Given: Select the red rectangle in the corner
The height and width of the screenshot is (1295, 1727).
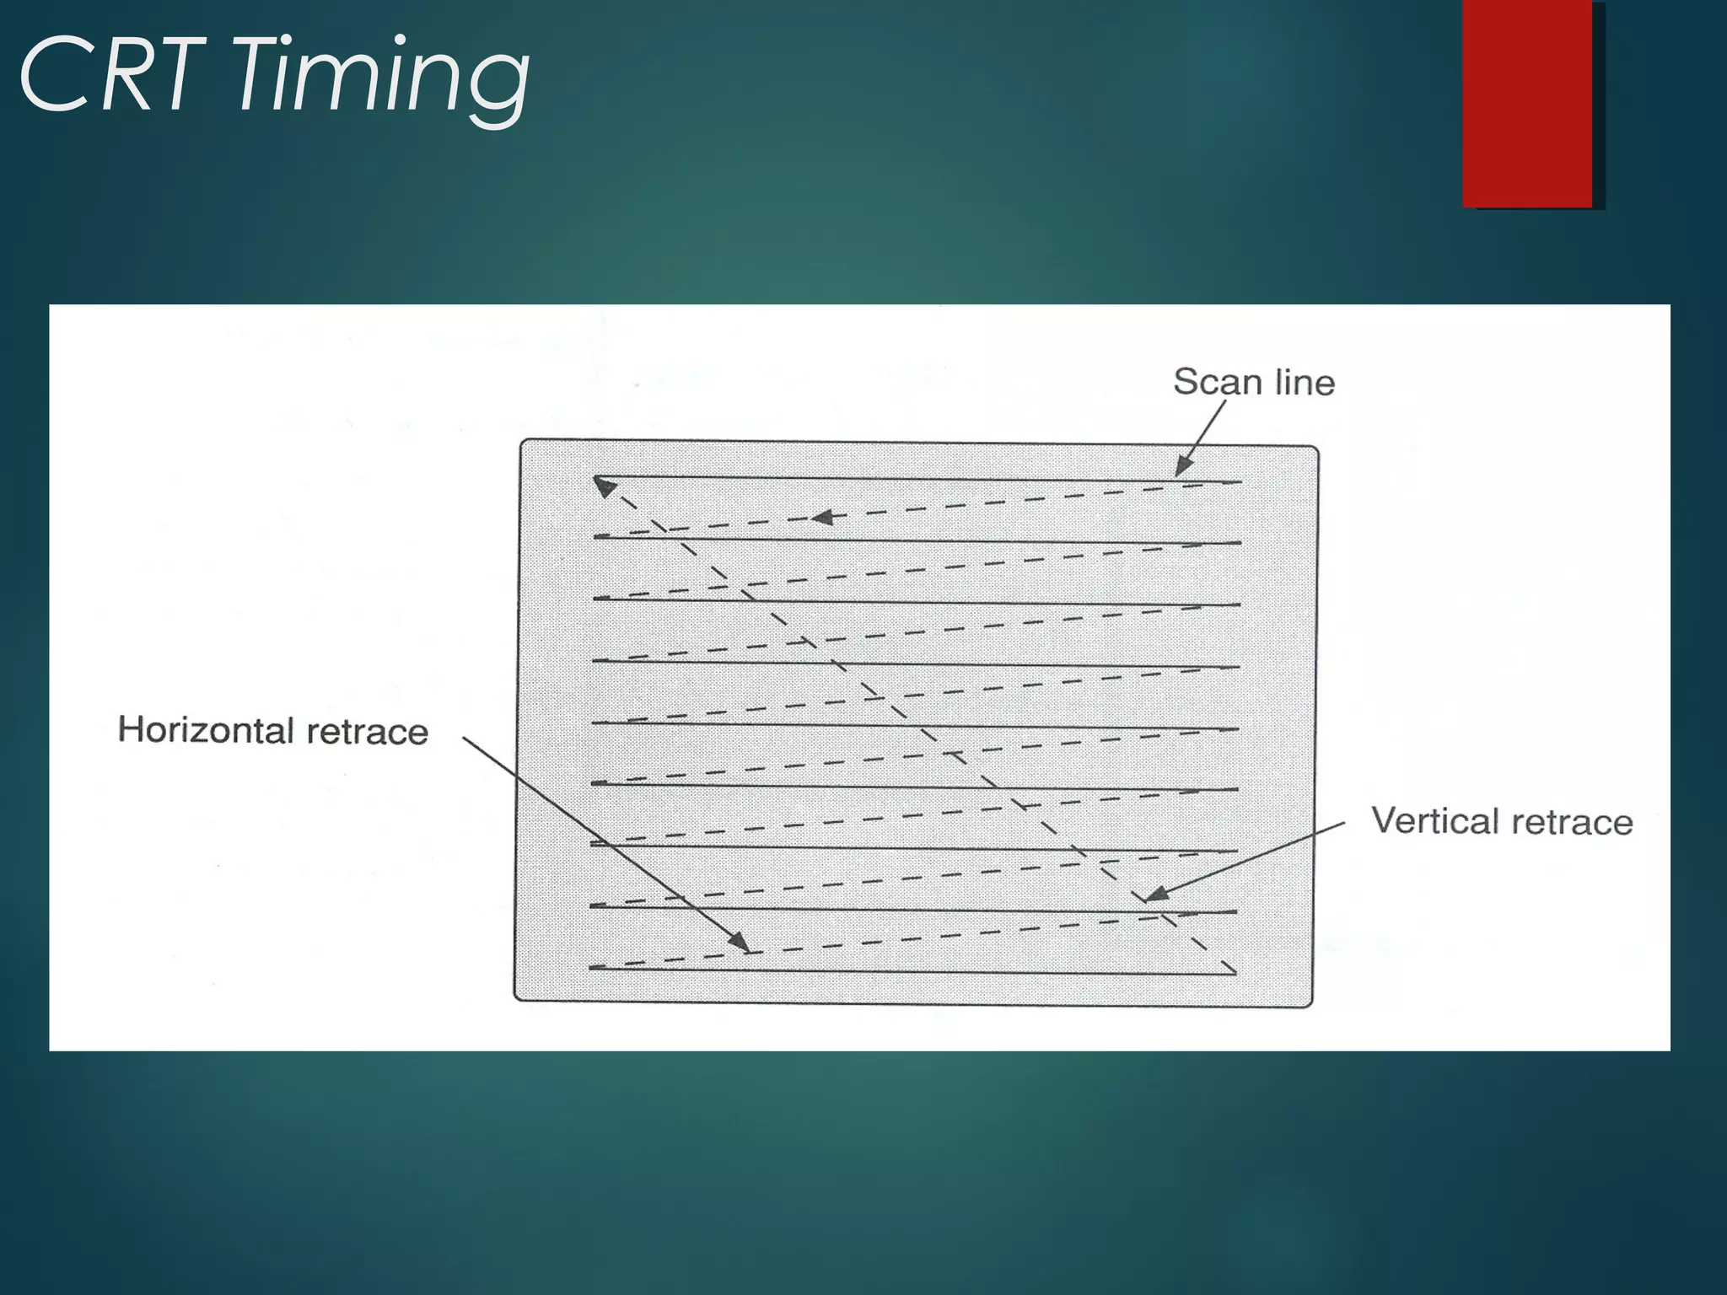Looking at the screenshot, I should [x=1527, y=103].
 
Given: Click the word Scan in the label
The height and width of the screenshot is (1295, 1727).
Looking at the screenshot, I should [x=1217, y=382].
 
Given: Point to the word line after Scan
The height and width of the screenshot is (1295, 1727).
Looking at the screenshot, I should [x=1305, y=383].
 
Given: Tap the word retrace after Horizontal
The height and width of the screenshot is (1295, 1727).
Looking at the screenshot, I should [x=367, y=732].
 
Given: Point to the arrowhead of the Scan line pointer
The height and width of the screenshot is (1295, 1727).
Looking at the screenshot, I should [x=1183, y=467].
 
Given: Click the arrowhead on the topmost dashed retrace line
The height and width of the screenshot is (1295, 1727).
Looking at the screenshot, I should [x=822, y=517].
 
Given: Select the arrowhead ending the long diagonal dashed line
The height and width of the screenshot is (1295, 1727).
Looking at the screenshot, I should [x=603, y=485].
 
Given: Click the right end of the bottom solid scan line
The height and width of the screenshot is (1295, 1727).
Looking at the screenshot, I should [x=1235, y=974].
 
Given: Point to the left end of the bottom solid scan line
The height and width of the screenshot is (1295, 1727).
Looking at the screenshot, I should [x=590, y=968].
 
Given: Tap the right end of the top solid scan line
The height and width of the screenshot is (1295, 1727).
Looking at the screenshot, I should [x=1240, y=482].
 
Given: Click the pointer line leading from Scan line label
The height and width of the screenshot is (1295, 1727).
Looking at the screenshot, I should [x=1204, y=434].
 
